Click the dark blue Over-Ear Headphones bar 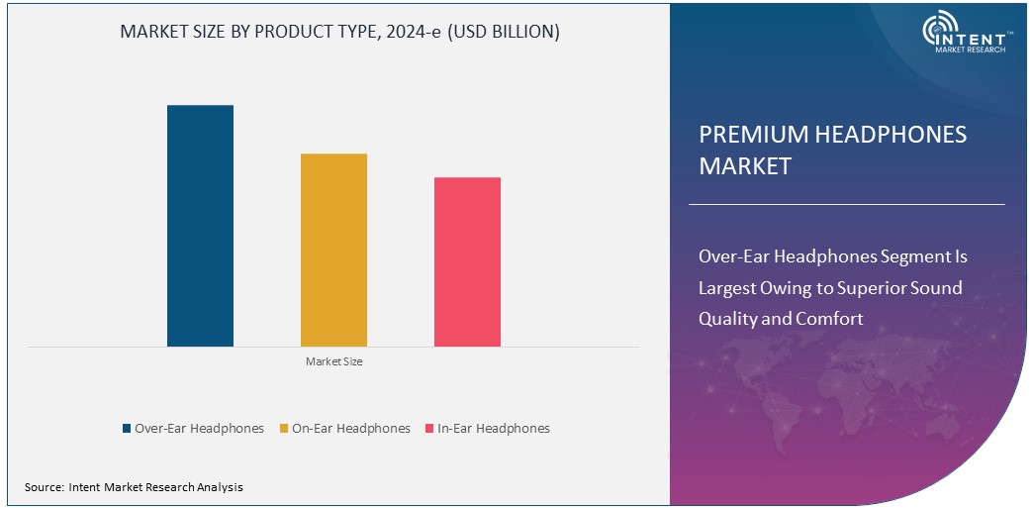(200, 226)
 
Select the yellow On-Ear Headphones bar (333, 250)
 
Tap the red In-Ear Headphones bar (467, 261)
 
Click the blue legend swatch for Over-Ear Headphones (127, 429)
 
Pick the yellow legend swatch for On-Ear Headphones (284, 429)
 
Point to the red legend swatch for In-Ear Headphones (429, 429)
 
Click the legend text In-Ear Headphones (494, 429)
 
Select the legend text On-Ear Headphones (351, 429)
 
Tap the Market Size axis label (333, 361)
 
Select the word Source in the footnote (44, 487)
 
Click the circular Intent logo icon (938, 32)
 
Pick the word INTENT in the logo (978, 34)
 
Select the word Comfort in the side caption (833, 319)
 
